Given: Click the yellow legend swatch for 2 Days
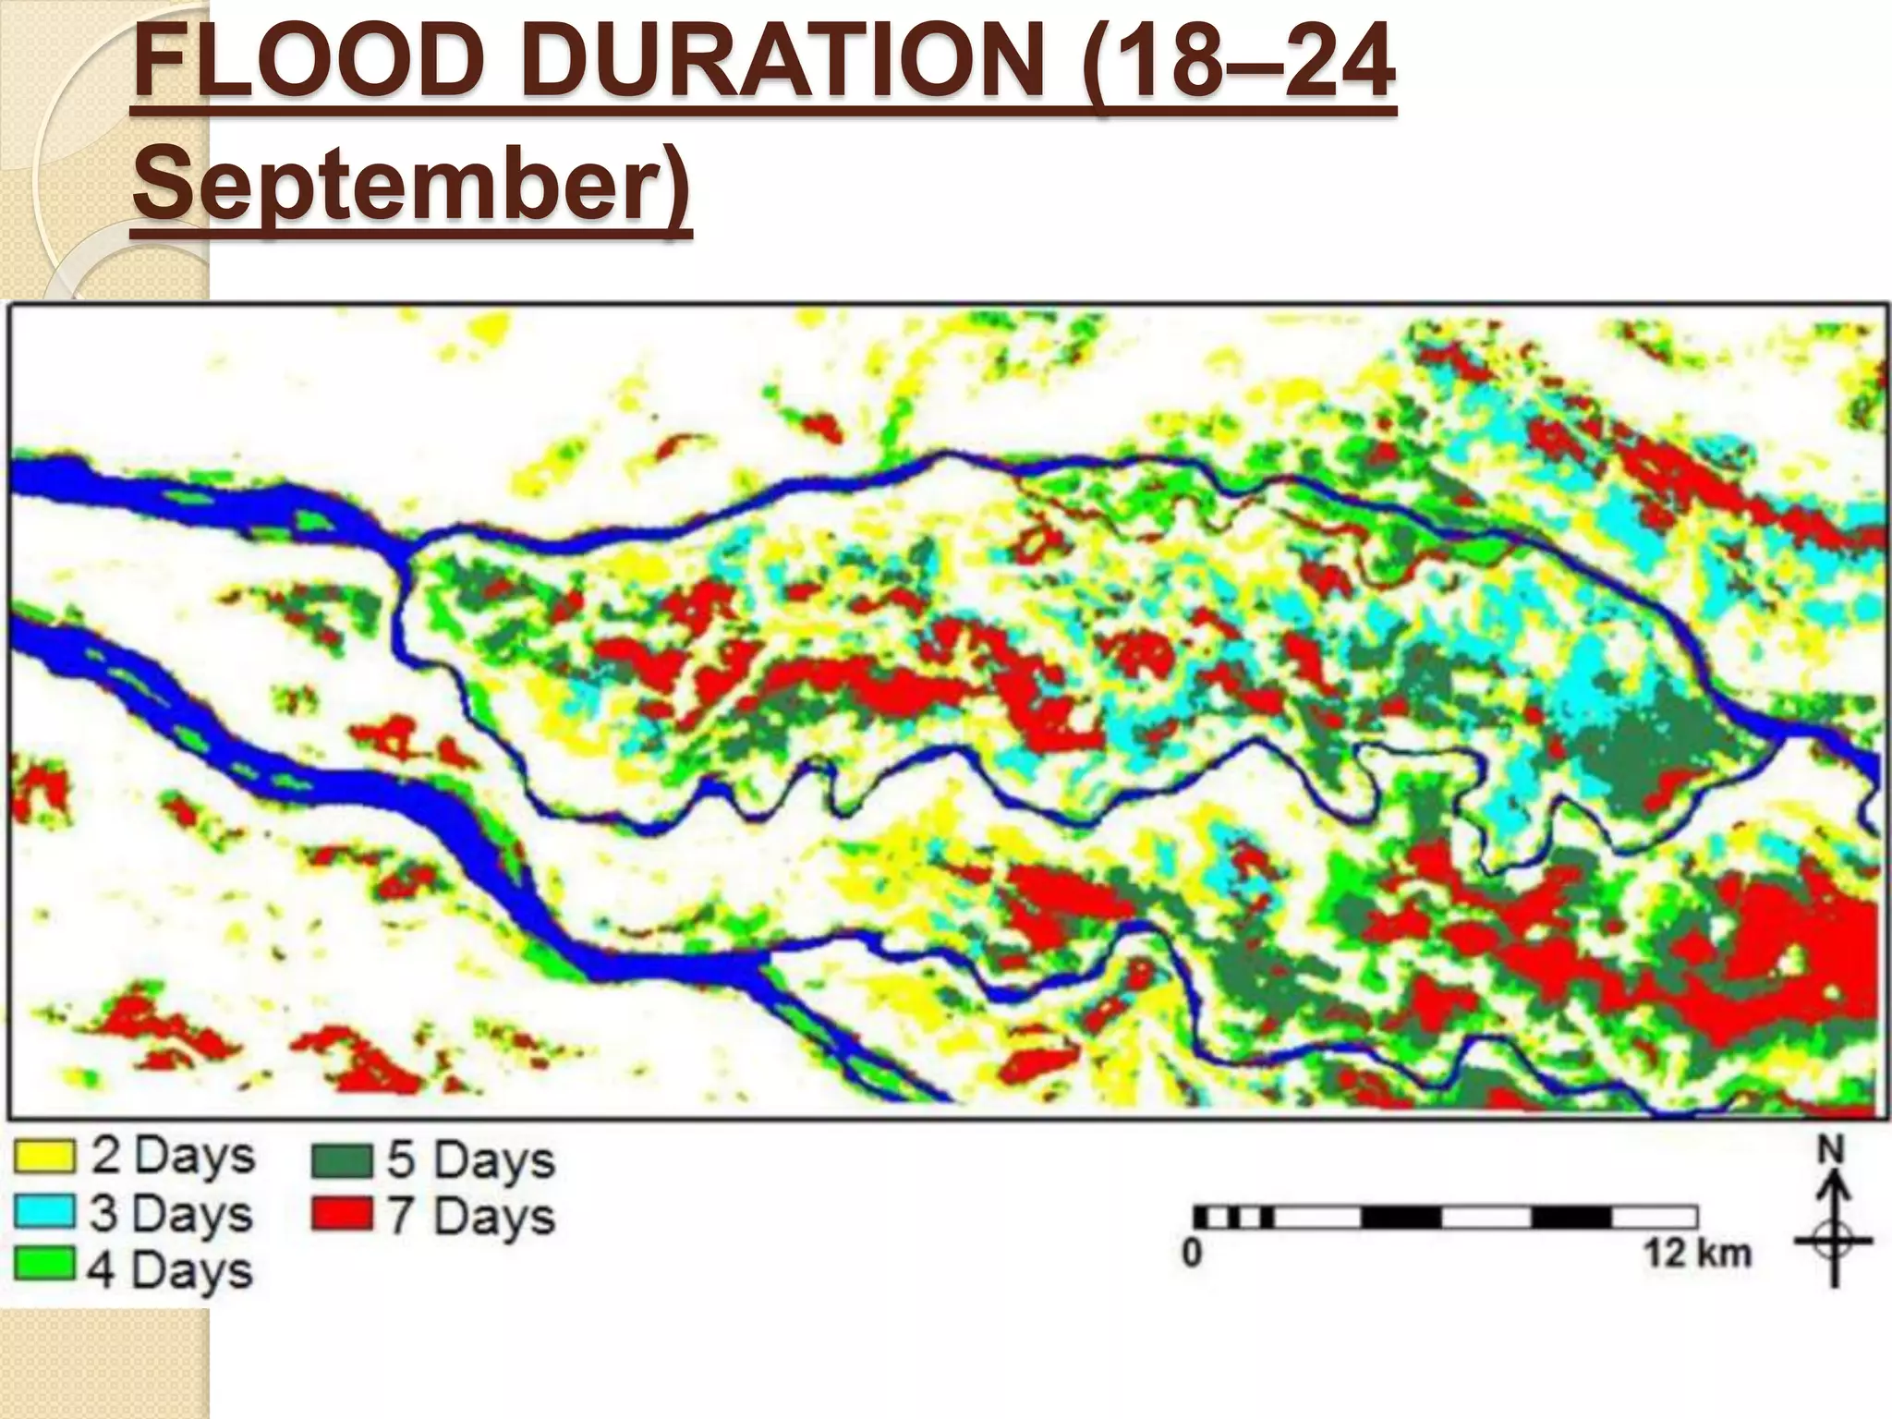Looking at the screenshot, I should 43,1156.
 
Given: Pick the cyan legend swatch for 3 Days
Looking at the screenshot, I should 43,1211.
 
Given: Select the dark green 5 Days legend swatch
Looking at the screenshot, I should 342,1160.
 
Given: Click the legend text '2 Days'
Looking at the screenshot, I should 172,1156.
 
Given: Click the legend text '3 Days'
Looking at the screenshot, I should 171,1213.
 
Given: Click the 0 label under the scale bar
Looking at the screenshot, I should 1193,1254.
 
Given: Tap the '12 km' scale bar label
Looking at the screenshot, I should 1697,1254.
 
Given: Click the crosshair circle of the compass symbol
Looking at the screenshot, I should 1834,1240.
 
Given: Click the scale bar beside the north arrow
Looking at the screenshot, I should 1445,1217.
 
